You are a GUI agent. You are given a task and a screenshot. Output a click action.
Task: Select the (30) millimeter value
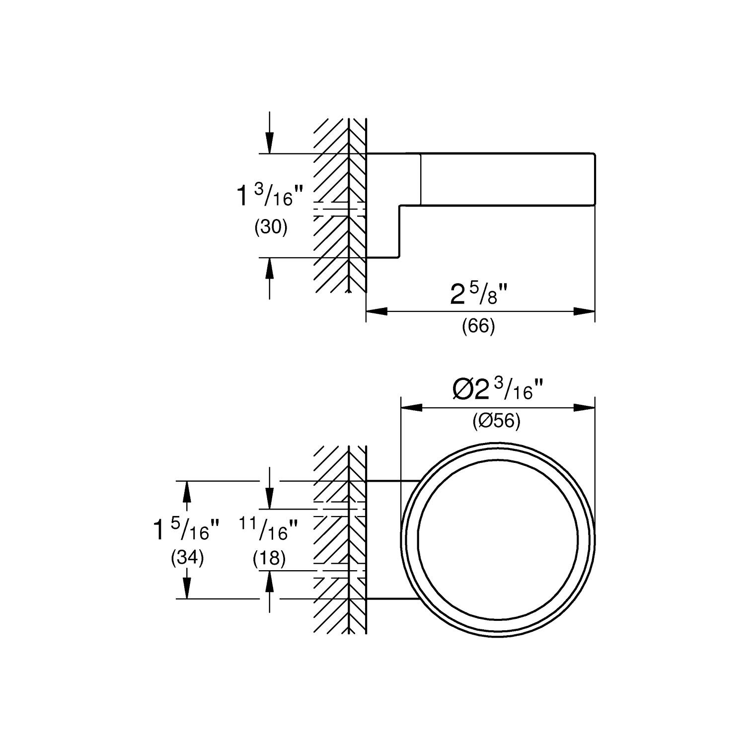point(271,227)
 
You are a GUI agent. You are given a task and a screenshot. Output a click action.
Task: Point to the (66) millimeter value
point(478,326)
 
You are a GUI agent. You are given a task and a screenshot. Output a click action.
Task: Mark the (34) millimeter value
point(187,558)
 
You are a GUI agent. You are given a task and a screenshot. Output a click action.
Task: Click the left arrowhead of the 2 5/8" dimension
point(376,311)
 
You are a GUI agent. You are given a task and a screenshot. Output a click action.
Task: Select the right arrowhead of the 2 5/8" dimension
point(585,311)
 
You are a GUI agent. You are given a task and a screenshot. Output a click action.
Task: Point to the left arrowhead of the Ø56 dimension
point(411,408)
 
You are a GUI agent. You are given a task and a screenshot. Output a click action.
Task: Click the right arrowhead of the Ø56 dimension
point(585,408)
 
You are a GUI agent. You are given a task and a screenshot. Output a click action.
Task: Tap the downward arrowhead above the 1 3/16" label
point(269,144)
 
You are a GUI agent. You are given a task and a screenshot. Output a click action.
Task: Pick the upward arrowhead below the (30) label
point(269,268)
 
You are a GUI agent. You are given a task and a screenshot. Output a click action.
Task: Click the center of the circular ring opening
point(498,540)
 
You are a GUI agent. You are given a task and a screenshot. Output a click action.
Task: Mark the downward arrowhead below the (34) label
point(187,589)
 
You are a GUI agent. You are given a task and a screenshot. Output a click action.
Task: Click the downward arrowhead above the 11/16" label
point(269,499)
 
